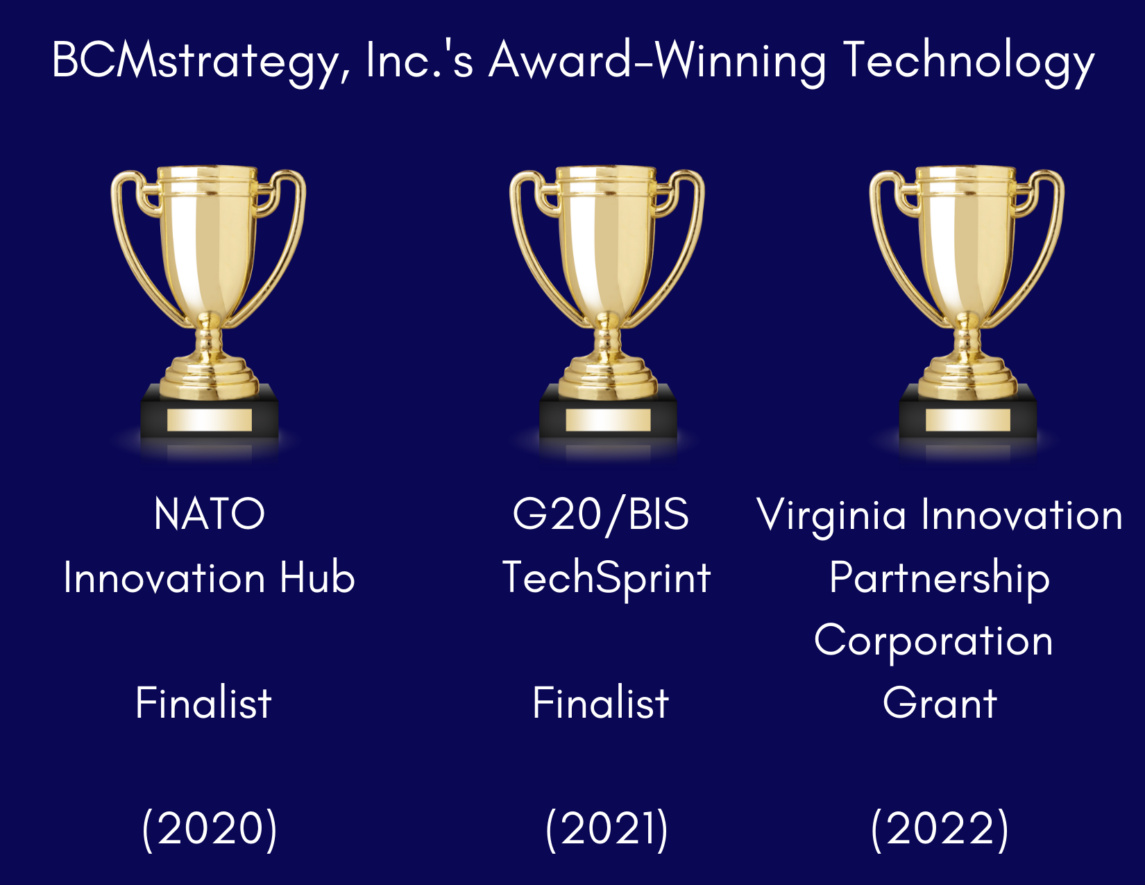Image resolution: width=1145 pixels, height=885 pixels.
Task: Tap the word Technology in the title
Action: [x=969, y=62]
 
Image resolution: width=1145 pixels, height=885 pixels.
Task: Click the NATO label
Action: [x=209, y=514]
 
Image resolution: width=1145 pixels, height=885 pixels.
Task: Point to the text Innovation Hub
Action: [x=209, y=578]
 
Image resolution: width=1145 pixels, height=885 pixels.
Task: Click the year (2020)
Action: [x=209, y=829]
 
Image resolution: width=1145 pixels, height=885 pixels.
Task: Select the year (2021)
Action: [x=607, y=829]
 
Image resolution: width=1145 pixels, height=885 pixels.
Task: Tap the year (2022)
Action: [x=940, y=829]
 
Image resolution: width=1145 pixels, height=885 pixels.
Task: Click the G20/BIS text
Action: [x=601, y=515]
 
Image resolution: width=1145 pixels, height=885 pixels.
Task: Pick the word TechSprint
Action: [x=607, y=580]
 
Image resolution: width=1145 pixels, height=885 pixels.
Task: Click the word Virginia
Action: [x=831, y=516]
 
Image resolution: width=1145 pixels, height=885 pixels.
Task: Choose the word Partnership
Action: [x=940, y=580]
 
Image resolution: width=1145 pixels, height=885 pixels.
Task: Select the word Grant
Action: [x=940, y=704]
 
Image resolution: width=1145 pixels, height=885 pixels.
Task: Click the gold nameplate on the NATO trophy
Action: [x=209, y=420]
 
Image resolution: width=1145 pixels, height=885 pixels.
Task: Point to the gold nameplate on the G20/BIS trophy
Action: [x=608, y=420]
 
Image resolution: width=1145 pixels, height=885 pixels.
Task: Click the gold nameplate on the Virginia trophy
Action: [x=968, y=420]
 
